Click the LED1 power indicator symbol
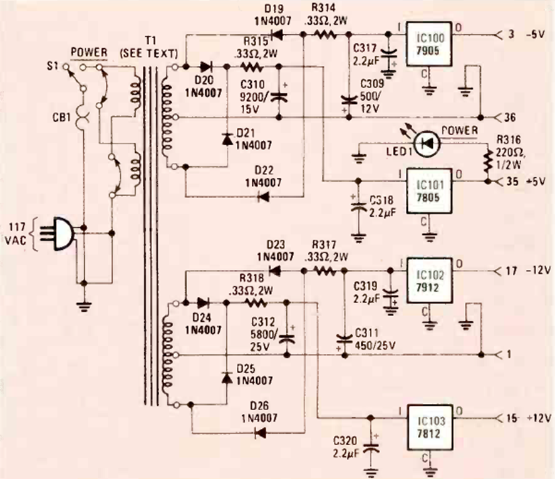pos(427,143)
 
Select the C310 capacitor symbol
pos(281,96)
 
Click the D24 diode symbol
pos(202,301)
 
